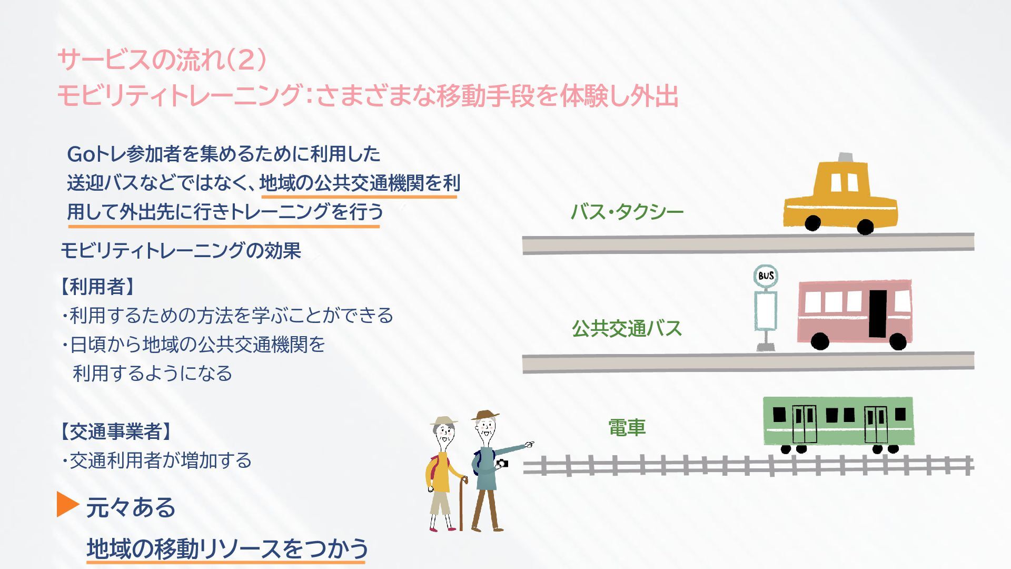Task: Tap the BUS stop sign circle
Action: coord(766,276)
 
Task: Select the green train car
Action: coord(838,421)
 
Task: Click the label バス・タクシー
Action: coord(627,212)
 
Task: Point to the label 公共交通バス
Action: coord(627,328)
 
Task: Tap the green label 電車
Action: coord(627,427)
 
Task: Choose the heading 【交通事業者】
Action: coord(115,431)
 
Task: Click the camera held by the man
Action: coord(503,464)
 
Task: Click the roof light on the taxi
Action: coord(845,157)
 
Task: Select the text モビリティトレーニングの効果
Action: coord(181,250)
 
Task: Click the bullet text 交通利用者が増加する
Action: coord(160,460)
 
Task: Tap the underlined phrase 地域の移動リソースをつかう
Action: coord(227,548)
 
